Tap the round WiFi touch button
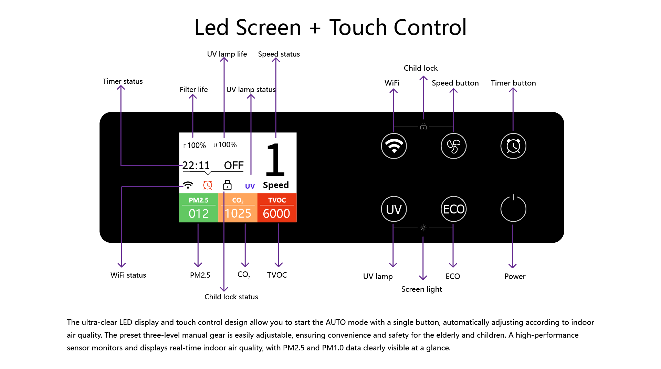click(x=394, y=146)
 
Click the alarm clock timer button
click(x=513, y=146)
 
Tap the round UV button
click(x=394, y=209)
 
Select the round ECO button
click(x=453, y=209)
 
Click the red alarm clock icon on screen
click(x=208, y=185)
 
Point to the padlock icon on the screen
click(x=227, y=185)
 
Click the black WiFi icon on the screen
click(x=188, y=185)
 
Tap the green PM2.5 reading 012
click(x=199, y=213)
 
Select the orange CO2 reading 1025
click(x=238, y=213)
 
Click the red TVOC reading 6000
click(x=276, y=213)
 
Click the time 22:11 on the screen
click(x=196, y=166)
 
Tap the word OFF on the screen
click(x=234, y=166)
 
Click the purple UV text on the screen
click(x=250, y=186)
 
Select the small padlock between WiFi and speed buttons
click(x=423, y=127)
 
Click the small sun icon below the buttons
click(x=423, y=228)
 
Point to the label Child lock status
click(x=231, y=297)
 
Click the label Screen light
click(x=421, y=289)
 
